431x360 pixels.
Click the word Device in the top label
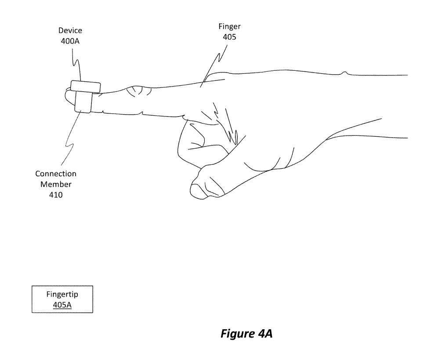70,31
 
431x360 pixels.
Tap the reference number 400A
70,41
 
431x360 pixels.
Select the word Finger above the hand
229,27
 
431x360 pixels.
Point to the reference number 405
229,37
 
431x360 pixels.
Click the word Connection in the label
56,174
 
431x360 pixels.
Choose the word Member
56,184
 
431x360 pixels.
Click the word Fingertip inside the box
62,295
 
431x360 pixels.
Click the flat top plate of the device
85,86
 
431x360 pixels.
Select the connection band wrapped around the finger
83,102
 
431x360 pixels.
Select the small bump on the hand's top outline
345,73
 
